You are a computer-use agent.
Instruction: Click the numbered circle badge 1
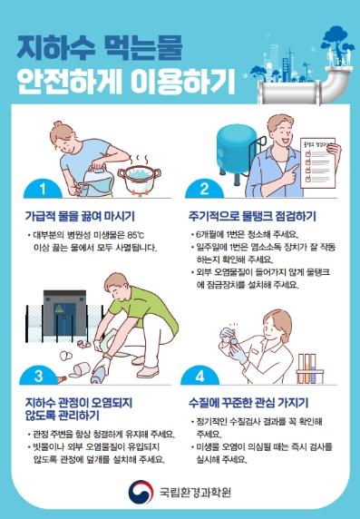[x=43, y=190]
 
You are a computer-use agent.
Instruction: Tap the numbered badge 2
[x=204, y=190]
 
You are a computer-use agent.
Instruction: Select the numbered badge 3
[x=38, y=376]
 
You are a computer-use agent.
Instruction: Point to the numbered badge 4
[x=199, y=376]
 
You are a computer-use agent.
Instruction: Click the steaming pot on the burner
[x=140, y=178]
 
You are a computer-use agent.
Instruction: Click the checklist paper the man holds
[x=318, y=162]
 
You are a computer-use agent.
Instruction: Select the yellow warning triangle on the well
[x=59, y=308]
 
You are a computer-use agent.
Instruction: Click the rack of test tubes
[x=310, y=368]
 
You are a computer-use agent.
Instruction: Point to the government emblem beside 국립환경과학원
[x=141, y=492]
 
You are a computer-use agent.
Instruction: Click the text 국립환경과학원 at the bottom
[x=195, y=492]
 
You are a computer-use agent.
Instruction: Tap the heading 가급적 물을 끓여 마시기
[x=80, y=216]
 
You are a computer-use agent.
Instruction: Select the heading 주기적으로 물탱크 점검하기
[x=252, y=216]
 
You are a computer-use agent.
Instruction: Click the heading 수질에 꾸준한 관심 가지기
[x=248, y=403]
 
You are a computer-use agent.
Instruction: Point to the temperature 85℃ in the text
[x=136, y=235]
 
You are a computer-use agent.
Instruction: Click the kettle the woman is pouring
[x=98, y=181]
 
